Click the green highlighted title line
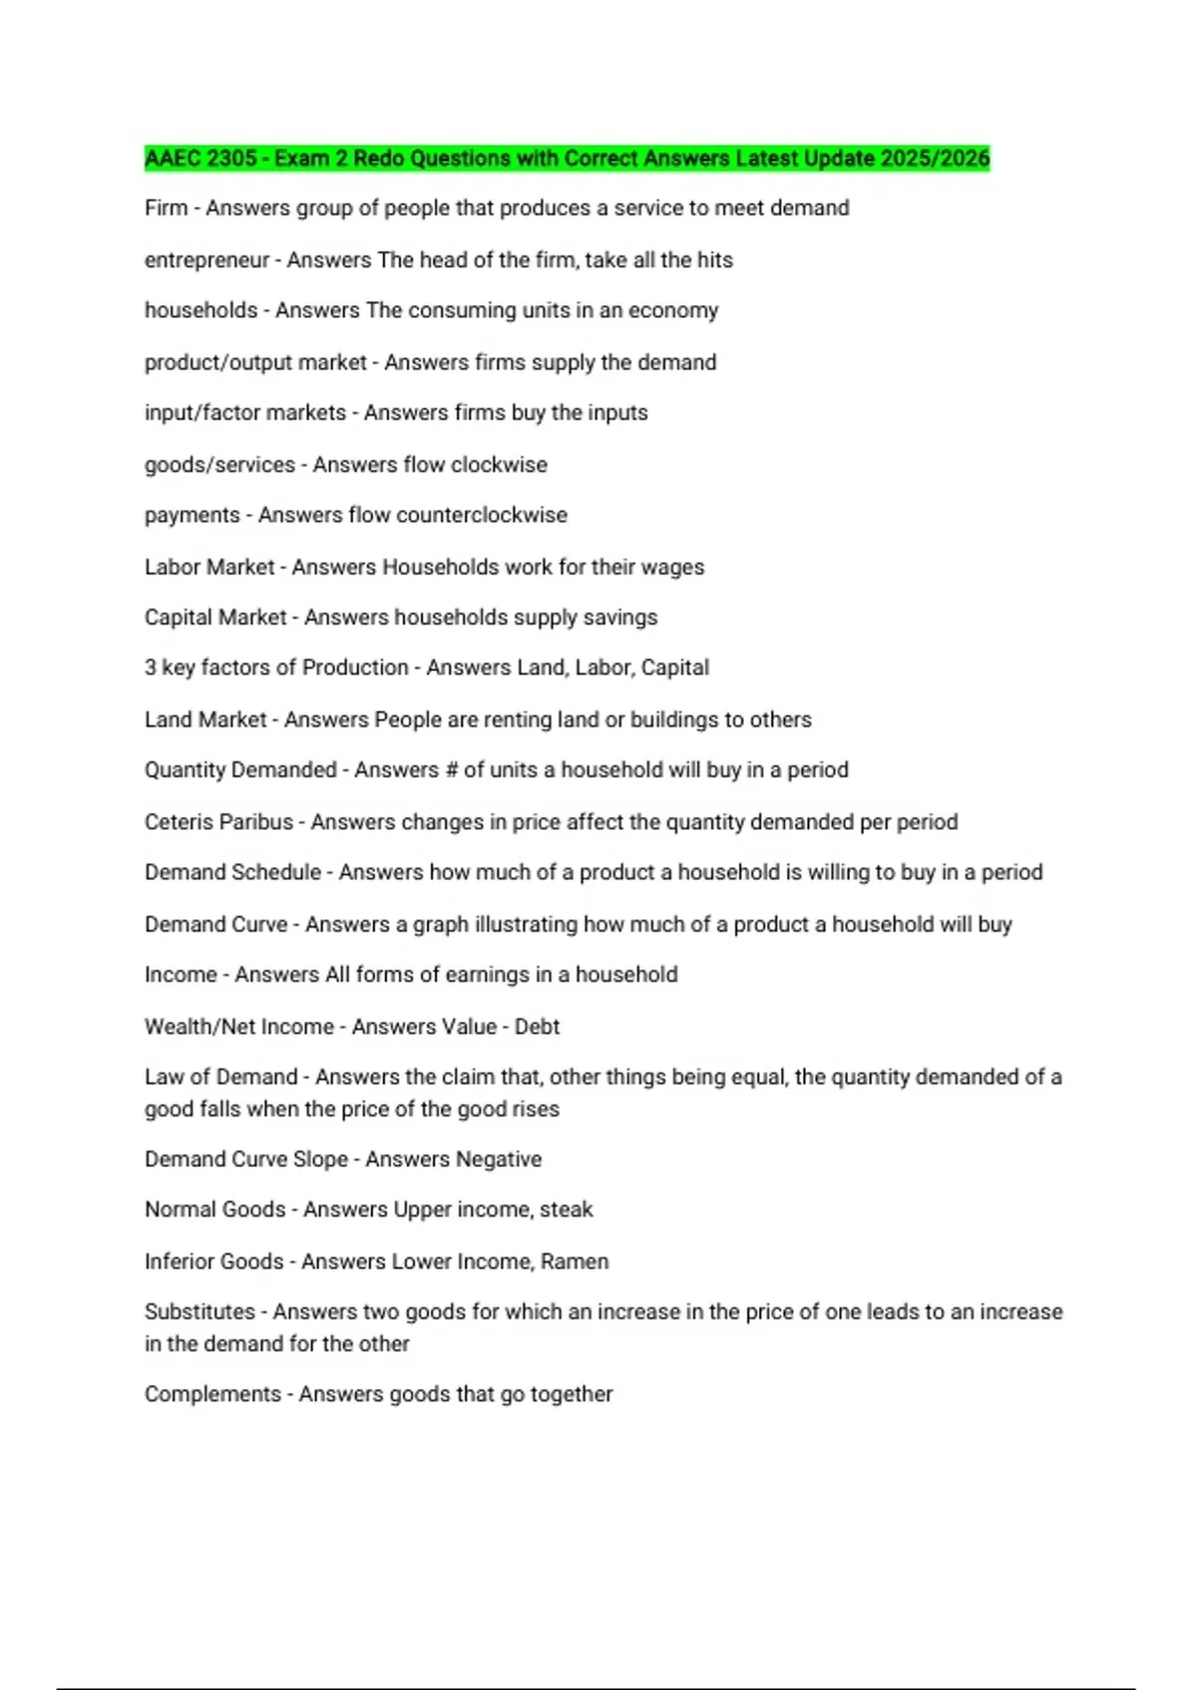[x=567, y=159]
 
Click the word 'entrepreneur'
[x=207, y=260]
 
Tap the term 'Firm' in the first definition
[x=165, y=209]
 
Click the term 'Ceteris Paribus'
[x=219, y=822]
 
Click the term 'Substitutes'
[x=200, y=1312]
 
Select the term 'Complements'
[x=213, y=1395]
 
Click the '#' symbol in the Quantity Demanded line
[x=451, y=770]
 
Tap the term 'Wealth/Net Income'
[x=239, y=1027]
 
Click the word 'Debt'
[x=537, y=1027]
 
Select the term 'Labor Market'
[x=209, y=568]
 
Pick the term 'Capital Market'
[x=215, y=617]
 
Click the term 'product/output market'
[x=256, y=363]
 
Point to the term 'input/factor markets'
[x=245, y=414]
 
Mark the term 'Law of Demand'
[x=221, y=1078]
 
